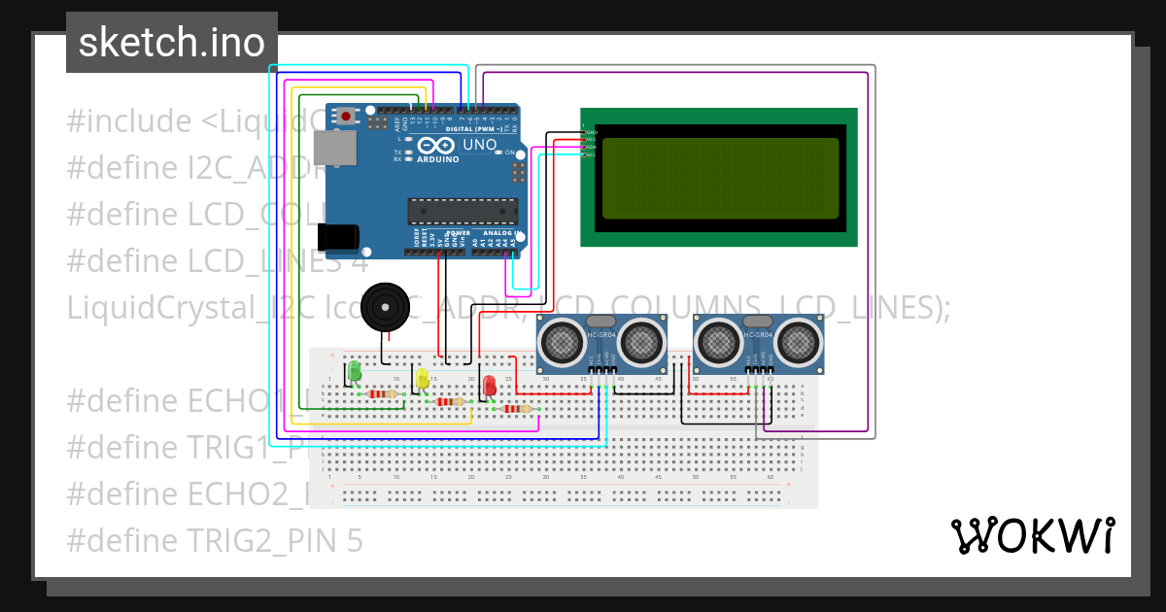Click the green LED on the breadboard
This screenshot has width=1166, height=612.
tap(355, 371)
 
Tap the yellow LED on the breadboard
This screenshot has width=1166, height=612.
tap(422, 379)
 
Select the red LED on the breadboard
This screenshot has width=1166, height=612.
tap(490, 386)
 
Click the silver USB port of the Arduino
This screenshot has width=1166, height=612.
tap(333, 148)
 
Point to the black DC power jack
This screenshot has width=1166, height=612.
tap(338, 236)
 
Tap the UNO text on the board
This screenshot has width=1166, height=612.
tap(479, 145)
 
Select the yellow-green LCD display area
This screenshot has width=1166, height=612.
tap(719, 178)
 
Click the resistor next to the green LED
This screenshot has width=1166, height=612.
tap(381, 394)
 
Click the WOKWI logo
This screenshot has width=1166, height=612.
tap(1031, 536)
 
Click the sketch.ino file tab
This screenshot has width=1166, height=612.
tap(171, 43)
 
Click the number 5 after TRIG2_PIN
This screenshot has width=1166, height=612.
tap(355, 540)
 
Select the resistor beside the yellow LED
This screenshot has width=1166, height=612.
tap(448, 401)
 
